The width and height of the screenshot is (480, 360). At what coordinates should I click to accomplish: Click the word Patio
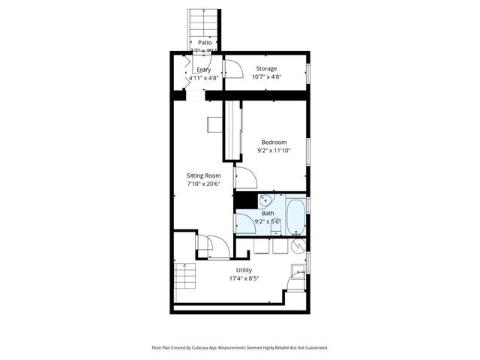point(204,43)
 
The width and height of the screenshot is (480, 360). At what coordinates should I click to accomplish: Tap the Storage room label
point(266,68)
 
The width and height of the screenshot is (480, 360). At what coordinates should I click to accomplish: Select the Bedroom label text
point(274,142)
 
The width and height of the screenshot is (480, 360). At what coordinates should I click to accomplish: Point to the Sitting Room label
point(202,175)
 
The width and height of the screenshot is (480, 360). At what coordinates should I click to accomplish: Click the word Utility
point(244,270)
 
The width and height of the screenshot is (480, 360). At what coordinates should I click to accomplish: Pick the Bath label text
point(268,213)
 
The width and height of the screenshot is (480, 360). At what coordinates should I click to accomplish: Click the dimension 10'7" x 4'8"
point(266,76)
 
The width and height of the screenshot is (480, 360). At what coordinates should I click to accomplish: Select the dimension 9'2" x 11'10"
point(274,150)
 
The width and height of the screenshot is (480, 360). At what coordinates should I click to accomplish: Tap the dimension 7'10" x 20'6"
point(202,184)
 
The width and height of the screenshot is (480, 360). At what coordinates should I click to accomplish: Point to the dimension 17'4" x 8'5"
point(244,278)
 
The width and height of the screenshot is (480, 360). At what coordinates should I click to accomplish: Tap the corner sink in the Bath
point(265,200)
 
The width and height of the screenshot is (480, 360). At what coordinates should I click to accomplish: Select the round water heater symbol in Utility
point(297,244)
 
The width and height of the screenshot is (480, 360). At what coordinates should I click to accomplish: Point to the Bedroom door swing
point(246,179)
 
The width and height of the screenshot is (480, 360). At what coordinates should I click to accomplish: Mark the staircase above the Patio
point(204,22)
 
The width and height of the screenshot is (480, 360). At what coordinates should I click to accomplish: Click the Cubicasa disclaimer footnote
point(240,347)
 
